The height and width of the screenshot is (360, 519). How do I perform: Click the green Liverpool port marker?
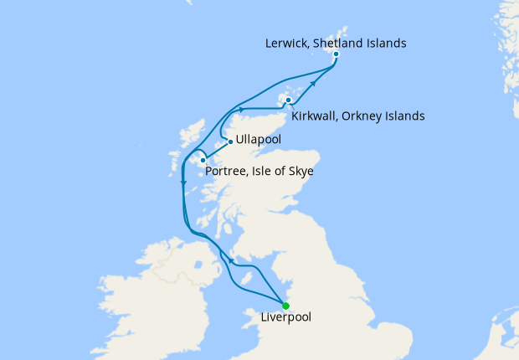[285, 306]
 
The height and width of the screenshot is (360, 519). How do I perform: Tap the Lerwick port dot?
[336, 54]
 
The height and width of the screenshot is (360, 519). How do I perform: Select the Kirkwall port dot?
[288, 100]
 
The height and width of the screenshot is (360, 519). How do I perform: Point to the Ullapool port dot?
[230, 141]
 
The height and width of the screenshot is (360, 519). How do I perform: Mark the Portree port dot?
[203, 160]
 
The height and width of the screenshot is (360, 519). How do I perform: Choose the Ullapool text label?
[259, 138]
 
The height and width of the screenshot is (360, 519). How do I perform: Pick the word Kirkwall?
[316, 116]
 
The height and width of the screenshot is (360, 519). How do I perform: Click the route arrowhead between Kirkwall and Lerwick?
[316, 81]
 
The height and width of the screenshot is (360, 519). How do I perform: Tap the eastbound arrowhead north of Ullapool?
[241, 109]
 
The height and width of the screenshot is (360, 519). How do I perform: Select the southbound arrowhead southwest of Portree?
[182, 183]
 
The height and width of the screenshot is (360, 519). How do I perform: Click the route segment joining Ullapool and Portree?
[216, 151]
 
